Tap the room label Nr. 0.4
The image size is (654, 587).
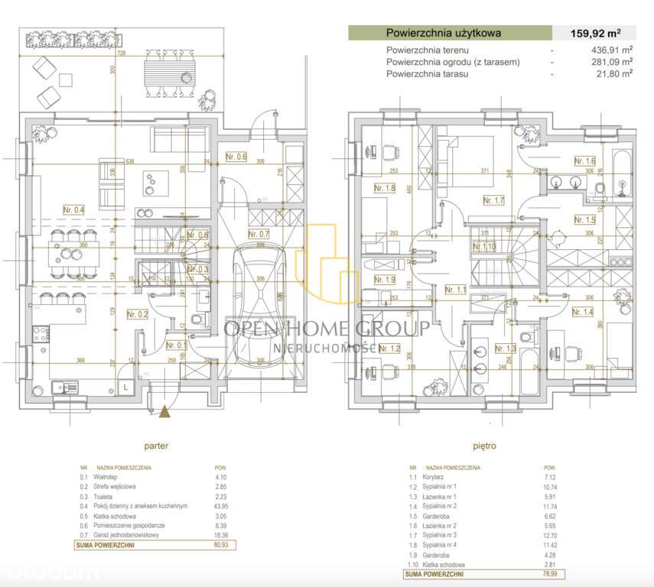click(x=74, y=209)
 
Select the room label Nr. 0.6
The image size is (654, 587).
click(x=236, y=157)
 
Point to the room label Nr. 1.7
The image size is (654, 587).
click(x=494, y=200)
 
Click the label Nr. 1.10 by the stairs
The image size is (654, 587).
click(x=485, y=246)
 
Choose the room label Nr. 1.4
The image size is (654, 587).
click(x=583, y=311)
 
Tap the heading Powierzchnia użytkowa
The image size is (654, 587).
click(x=444, y=33)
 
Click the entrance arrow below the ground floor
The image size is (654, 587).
click(x=164, y=412)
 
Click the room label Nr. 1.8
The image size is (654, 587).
click(x=384, y=188)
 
